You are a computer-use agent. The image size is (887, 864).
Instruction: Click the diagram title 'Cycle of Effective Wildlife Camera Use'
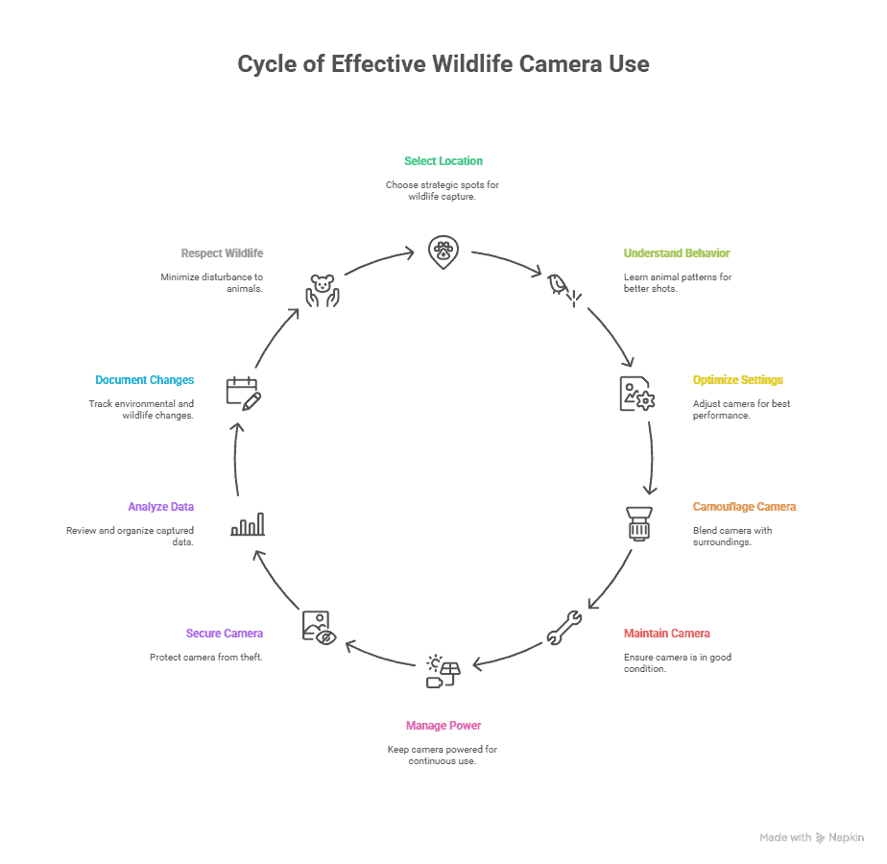(x=443, y=64)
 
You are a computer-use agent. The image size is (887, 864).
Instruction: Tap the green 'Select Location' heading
(x=443, y=161)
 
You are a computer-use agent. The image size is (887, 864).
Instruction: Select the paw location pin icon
(x=442, y=252)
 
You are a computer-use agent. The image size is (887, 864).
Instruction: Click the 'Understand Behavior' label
(x=677, y=253)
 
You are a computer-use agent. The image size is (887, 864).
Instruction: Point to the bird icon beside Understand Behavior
(x=563, y=289)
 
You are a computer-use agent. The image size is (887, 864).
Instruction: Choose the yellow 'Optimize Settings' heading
(x=738, y=380)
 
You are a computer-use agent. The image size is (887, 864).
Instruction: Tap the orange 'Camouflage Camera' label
(x=744, y=507)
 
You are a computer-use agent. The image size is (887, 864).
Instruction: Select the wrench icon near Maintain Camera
(x=563, y=629)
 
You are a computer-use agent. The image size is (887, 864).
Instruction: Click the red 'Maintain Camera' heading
(x=667, y=634)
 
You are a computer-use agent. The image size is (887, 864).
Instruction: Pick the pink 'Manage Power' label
(x=443, y=726)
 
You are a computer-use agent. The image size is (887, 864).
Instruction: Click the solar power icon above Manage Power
(x=443, y=671)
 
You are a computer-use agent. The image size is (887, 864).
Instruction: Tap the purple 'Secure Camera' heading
(x=225, y=634)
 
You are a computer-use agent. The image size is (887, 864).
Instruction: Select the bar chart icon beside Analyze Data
(x=248, y=524)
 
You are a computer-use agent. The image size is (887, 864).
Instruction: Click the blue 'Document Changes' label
(x=145, y=380)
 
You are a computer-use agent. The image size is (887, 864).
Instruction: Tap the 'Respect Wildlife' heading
(x=222, y=253)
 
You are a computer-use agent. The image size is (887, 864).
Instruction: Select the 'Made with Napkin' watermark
(x=811, y=838)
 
